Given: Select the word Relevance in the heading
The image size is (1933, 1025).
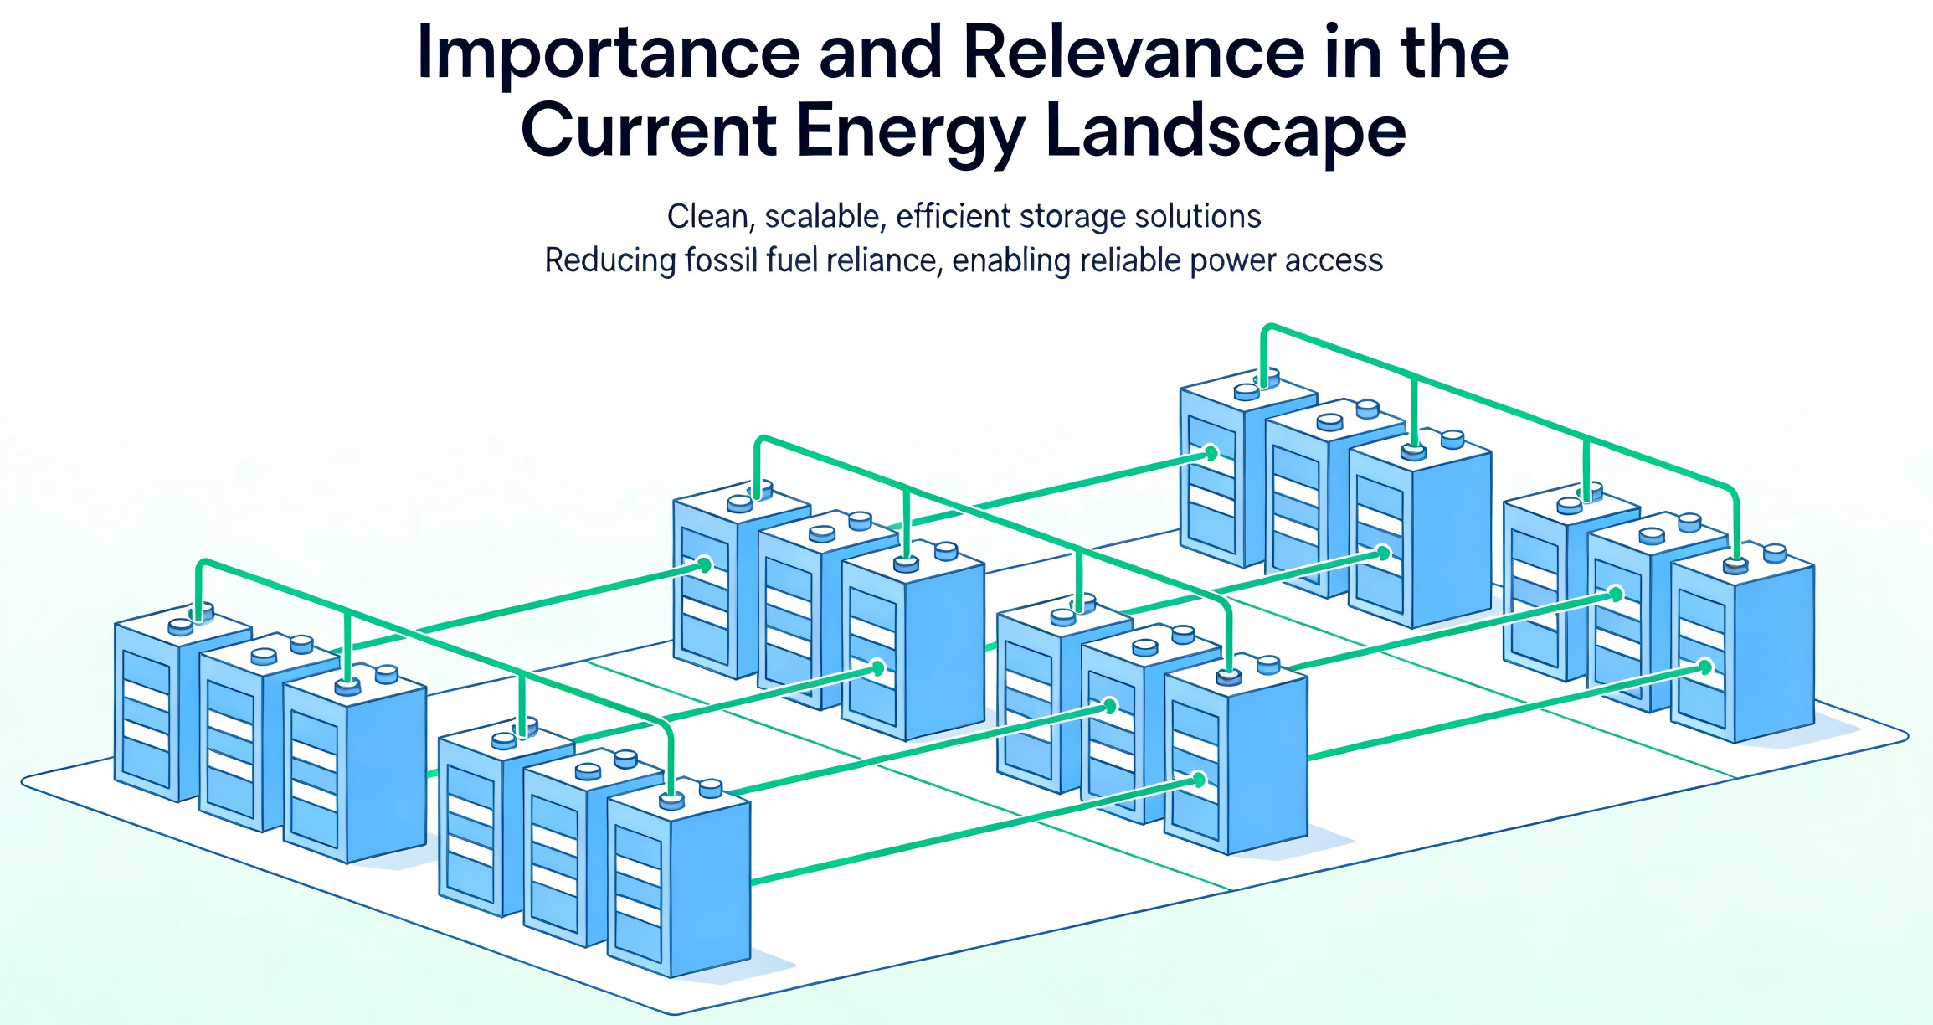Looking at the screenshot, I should (x=1134, y=52).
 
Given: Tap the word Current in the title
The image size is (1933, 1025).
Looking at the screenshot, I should (x=649, y=131).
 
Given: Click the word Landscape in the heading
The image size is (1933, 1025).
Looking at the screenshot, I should (x=1226, y=132).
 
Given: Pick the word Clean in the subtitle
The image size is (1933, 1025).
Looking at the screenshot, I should (x=707, y=217).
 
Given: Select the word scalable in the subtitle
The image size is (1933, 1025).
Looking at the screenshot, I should (x=825, y=217).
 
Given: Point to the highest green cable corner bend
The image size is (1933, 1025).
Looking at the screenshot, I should (x=1267, y=328).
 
